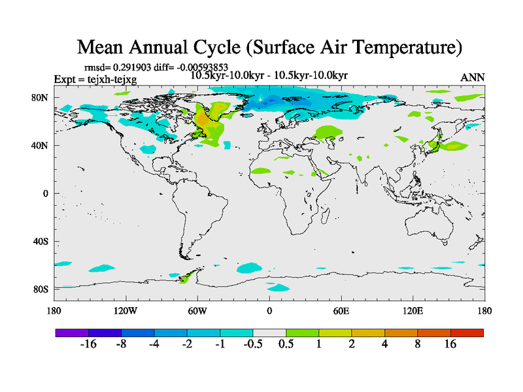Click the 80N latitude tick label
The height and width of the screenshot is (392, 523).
41,97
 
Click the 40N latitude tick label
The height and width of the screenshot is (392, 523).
41,146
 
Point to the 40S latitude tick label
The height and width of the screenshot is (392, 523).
41,242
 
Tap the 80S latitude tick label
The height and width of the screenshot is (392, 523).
41,289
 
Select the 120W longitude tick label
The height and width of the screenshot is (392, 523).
126,311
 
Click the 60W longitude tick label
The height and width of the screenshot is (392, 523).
197,311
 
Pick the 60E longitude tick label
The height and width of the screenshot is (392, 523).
341,311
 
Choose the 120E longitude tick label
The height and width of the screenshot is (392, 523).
413,311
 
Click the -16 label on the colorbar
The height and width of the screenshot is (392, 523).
88,344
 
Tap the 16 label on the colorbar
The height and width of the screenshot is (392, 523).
450,344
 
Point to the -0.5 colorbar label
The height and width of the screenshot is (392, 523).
253,344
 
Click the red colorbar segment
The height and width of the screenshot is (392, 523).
467,333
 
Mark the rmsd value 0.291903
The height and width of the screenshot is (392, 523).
135,67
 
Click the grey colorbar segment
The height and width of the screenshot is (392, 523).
269,333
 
